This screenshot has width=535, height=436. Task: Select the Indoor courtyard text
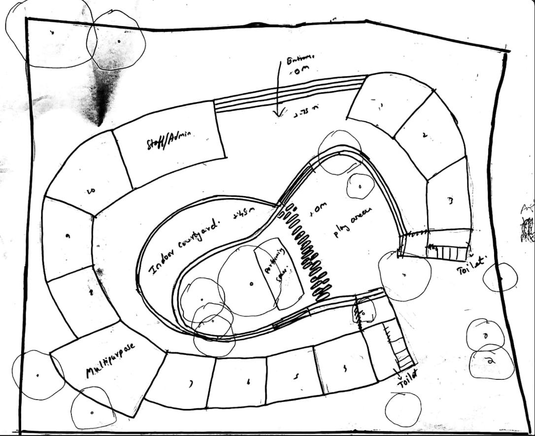click(184, 246)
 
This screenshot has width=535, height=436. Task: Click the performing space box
click(278, 273)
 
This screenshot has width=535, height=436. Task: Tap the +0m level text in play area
click(318, 209)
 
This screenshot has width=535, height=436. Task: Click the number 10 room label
click(91, 190)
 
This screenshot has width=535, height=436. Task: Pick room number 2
click(425, 135)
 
